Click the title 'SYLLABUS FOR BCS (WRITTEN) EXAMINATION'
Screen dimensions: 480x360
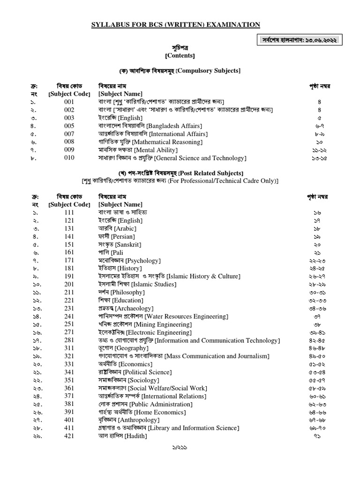175,24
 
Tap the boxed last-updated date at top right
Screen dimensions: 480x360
300,41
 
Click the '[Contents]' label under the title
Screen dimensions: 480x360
180,55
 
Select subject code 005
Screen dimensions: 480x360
69,126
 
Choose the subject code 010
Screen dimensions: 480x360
69,158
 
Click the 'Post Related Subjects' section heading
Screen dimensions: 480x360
214,173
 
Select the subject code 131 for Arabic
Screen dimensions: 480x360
69,228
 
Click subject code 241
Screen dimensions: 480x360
69,316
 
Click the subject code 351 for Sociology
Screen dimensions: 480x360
69,380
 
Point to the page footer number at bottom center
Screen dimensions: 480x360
180,462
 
